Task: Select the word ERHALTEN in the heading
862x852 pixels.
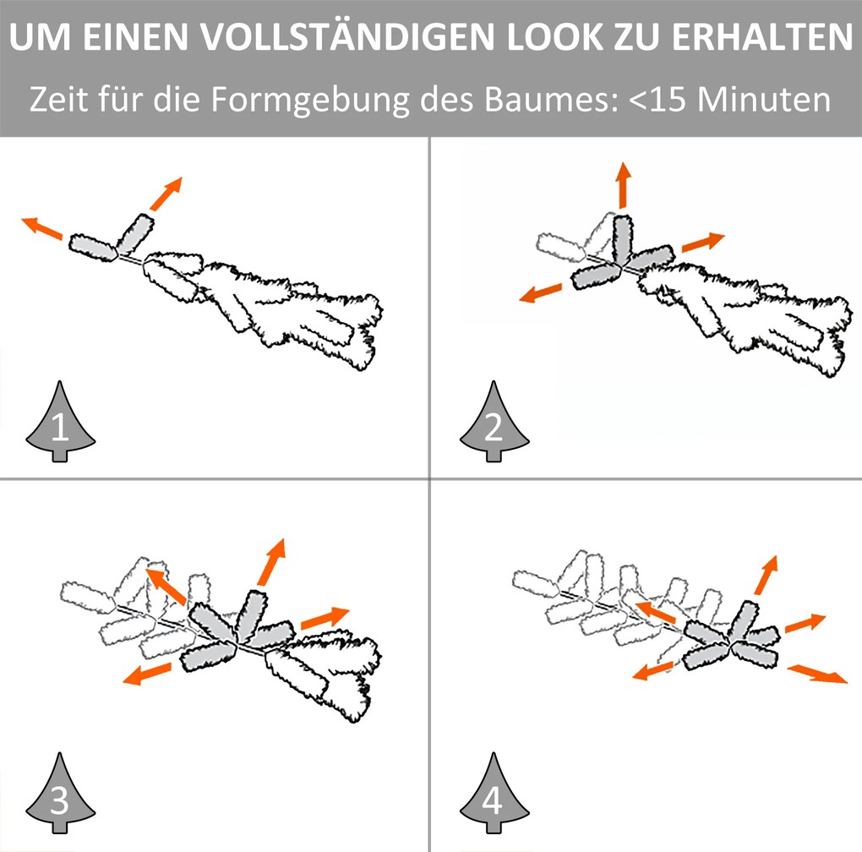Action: pos(762,37)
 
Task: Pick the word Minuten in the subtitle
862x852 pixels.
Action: pos(764,100)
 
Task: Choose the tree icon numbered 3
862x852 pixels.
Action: pos(60,793)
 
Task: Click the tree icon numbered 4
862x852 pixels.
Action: pos(494,793)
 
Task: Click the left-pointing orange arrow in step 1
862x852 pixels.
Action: pos(41,227)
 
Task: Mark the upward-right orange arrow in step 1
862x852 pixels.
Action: pos(166,194)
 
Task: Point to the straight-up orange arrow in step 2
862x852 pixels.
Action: pos(623,185)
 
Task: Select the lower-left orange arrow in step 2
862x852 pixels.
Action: pos(541,292)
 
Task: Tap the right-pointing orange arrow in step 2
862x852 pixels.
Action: pos(703,242)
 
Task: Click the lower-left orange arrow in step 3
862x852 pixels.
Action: pos(147,674)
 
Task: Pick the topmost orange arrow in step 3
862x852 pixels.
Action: pos(271,562)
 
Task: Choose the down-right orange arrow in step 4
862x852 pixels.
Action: pos(818,674)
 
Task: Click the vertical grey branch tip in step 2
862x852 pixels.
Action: pos(622,239)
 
